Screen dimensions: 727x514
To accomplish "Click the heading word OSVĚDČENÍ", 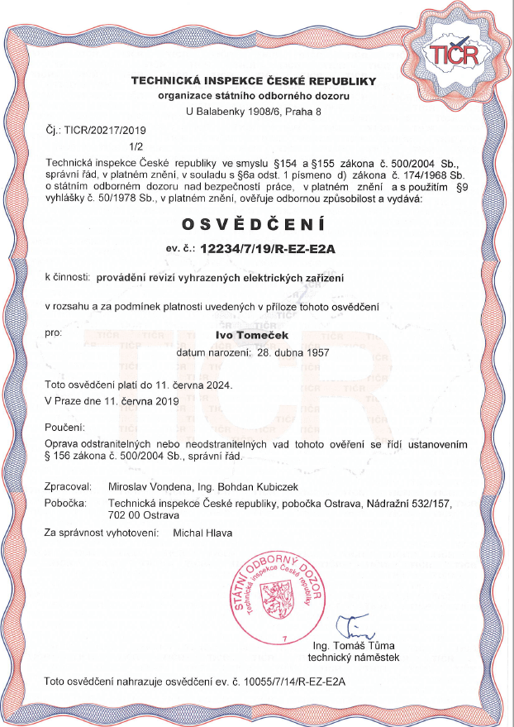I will tap(257, 225).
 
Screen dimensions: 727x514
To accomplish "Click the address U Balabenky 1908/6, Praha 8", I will tap(257, 110).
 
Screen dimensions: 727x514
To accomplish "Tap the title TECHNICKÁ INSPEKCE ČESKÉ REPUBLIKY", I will tap(257, 80).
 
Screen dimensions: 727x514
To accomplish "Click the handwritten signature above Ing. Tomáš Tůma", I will tap(353, 625).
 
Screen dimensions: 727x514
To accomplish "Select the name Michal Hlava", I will tap(202, 533).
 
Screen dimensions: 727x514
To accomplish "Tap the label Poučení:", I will tap(66, 428).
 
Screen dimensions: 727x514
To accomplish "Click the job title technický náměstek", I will tap(354, 658).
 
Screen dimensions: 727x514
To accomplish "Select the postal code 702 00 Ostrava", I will tap(142, 514).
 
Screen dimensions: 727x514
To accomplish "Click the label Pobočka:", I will tap(68, 502).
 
